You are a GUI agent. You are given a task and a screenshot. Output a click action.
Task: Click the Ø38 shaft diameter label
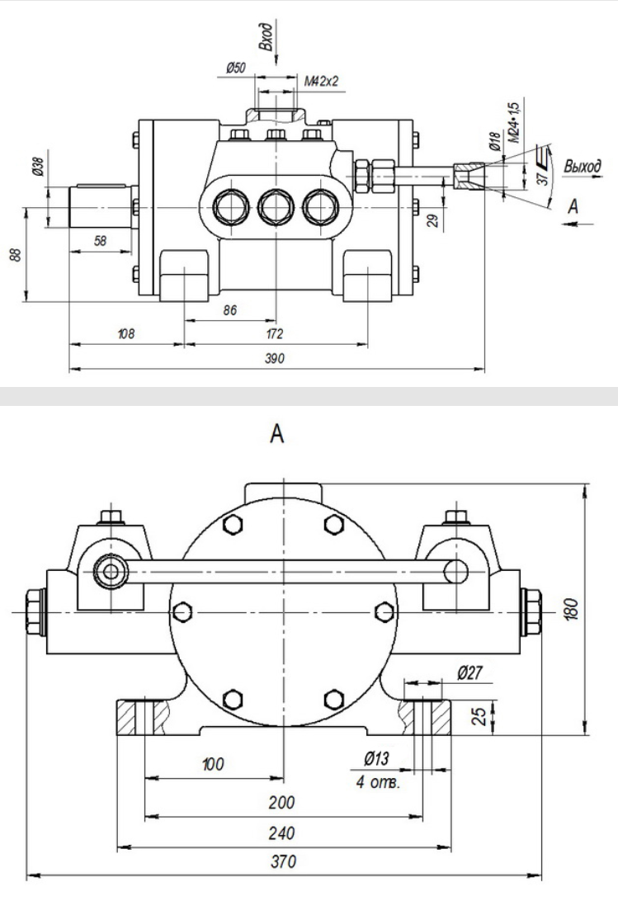37,169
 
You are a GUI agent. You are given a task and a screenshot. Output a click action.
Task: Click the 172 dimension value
275,333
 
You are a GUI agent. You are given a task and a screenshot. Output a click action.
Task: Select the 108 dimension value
125,333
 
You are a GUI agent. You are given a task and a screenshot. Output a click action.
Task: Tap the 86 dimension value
230,310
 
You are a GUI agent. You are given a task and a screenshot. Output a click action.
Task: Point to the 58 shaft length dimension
99,239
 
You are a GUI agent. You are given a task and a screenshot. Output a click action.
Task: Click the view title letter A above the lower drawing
278,434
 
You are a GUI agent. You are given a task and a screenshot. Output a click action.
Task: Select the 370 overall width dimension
284,861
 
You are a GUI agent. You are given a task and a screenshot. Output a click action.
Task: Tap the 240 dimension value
284,833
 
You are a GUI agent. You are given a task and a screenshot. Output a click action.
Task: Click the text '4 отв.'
378,781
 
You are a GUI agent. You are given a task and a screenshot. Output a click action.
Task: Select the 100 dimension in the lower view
213,763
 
